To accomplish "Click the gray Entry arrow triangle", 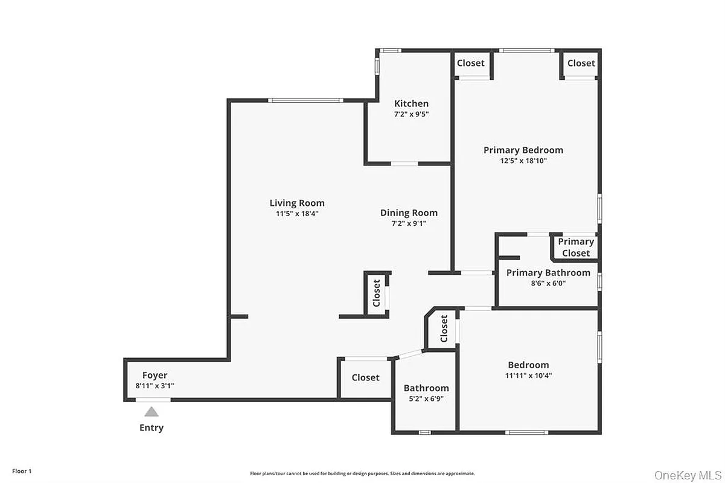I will (151, 412).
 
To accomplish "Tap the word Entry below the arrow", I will (152, 428).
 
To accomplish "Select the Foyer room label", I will (155, 375).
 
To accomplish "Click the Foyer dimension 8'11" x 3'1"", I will (155, 385).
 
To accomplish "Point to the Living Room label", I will (297, 203).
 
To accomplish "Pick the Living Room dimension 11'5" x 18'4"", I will (297, 213).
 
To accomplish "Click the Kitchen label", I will (411, 103).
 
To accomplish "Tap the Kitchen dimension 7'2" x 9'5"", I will (411, 114).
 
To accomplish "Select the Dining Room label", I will (409, 213).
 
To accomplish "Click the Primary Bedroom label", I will (523, 150).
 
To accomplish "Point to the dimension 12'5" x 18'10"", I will (523, 161).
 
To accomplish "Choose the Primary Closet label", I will (576, 247).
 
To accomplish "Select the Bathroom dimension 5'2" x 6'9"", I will (426, 398).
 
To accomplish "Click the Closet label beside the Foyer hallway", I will (365, 377).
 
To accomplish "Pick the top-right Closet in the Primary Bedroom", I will (581, 63).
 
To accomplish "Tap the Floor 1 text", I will (21, 470).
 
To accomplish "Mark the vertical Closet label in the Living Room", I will (377, 293).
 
